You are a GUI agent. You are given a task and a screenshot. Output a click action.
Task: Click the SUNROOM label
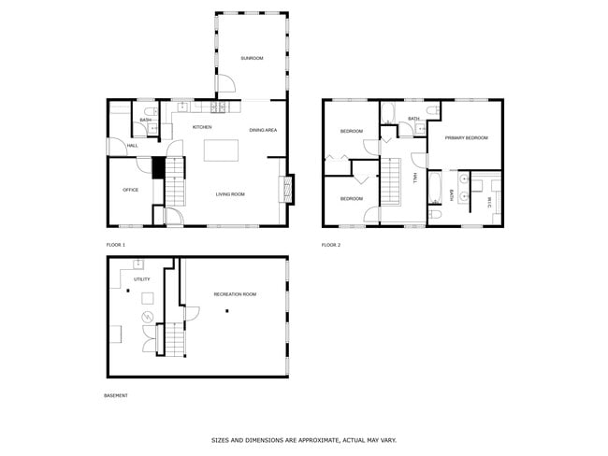coord(252,59)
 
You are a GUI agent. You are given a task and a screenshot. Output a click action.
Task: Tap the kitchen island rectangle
coord(222,150)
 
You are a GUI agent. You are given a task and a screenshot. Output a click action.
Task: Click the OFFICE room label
coord(131,190)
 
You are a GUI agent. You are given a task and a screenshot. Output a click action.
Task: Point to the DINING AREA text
coord(263,130)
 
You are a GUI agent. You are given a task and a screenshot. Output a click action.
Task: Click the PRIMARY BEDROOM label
coord(467,137)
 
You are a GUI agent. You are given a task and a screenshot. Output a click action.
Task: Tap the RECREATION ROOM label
coord(235,294)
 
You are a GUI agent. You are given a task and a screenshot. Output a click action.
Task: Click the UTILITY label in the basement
coord(142,278)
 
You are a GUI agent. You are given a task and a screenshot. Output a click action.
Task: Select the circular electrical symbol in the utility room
coord(147,319)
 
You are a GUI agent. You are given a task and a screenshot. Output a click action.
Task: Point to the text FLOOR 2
coord(331,245)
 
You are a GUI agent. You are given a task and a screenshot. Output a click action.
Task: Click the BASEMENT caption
coord(116,395)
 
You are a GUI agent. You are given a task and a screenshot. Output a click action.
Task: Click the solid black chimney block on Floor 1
coord(158,167)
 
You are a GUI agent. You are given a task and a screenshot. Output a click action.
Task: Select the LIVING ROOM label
coord(230,194)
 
